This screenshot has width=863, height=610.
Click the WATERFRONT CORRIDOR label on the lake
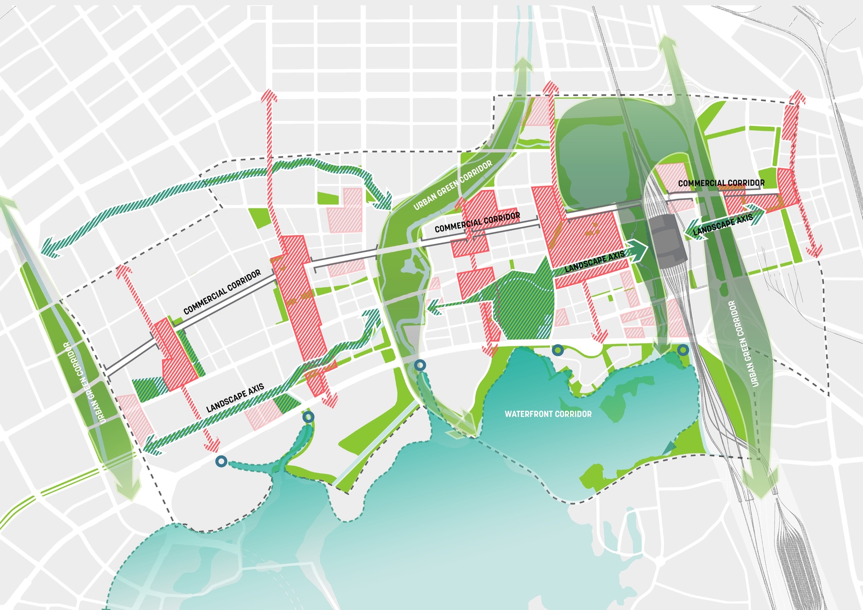pos(548,414)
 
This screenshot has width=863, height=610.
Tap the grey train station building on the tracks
pos(668,237)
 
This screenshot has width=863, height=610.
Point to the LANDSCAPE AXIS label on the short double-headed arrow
pos(723,224)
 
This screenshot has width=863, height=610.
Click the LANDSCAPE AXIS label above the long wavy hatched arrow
pos(235,398)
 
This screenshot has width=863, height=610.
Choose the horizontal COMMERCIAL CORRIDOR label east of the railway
pos(721,183)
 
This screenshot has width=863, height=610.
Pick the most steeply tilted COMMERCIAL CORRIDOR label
pos(222,292)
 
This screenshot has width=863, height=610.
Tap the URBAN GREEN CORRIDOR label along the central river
pos(453,185)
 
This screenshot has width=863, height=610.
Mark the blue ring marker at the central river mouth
pos(420,366)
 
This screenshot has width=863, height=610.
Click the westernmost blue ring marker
pos(221,462)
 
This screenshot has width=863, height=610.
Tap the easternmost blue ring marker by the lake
pos(683,350)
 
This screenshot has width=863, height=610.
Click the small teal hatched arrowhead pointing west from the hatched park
pos(435,307)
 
